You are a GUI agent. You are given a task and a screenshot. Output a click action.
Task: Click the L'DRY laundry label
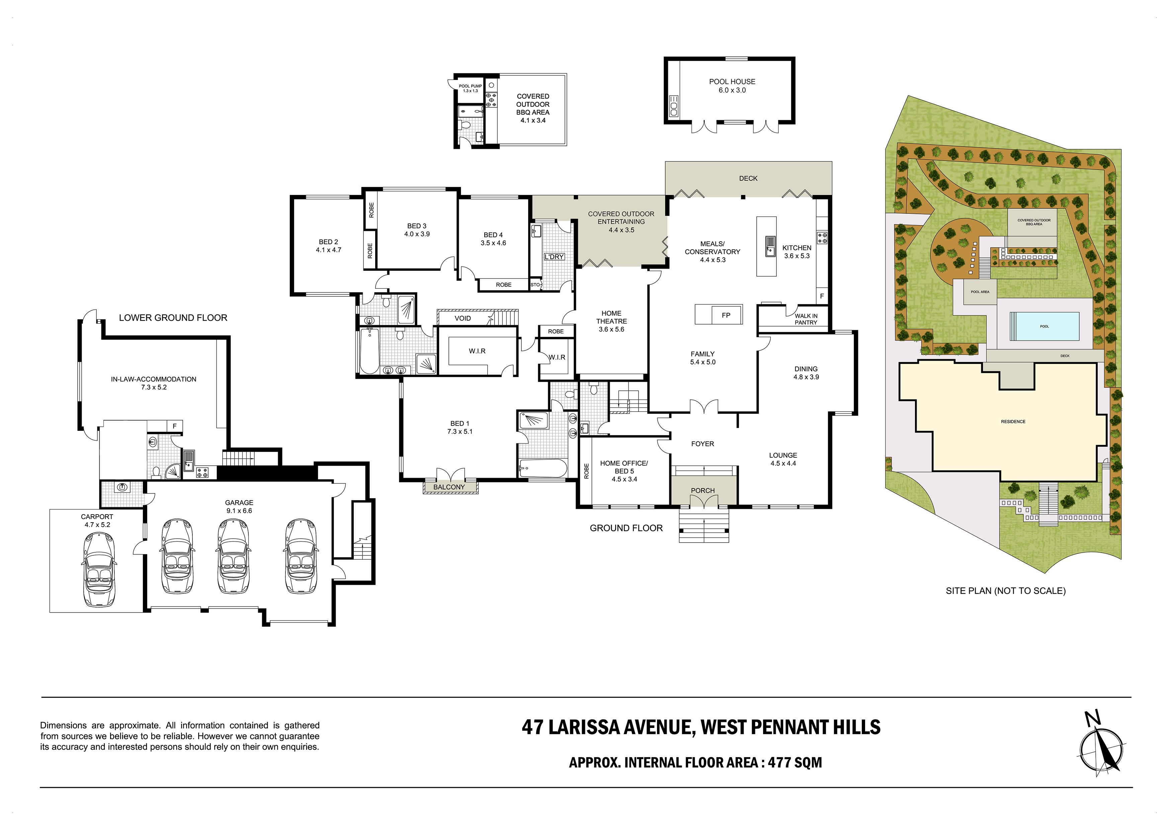click(x=554, y=257)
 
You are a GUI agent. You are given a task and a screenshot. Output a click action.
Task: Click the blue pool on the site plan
click(x=1044, y=326)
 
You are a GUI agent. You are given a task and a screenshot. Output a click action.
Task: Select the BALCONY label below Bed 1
click(x=449, y=487)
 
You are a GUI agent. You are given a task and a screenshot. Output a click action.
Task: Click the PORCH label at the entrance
click(x=702, y=491)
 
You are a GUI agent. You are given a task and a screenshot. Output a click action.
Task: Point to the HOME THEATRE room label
click(x=611, y=317)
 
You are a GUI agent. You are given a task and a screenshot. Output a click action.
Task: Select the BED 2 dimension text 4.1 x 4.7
click(x=328, y=250)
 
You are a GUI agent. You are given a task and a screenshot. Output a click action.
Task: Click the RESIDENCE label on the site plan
click(x=1013, y=422)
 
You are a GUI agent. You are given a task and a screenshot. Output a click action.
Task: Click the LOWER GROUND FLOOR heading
click(x=173, y=318)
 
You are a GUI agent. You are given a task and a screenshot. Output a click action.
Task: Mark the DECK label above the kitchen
click(x=748, y=178)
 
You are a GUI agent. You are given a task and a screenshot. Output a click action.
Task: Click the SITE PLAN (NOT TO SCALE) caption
click(x=1005, y=591)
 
